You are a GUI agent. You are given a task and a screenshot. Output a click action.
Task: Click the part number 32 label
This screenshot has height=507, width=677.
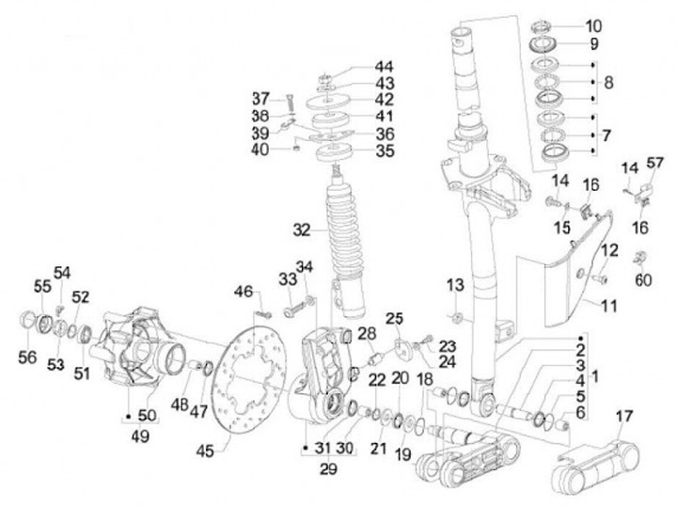point(302,230)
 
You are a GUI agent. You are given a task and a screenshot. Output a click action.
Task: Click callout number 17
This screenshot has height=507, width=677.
point(624,417)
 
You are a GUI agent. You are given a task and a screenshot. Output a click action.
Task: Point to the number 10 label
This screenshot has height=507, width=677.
point(593,26)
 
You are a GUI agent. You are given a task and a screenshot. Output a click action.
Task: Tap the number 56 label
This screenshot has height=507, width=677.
point(27,356)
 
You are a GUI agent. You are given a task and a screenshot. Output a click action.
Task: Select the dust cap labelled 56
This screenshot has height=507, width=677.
point(28,321)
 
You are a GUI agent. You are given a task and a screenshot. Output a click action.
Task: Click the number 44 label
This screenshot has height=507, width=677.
point(384,67)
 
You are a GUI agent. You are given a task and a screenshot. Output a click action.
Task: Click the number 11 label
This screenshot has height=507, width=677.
point(608,306)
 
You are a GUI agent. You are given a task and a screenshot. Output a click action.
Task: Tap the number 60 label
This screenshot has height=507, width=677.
point(643,280)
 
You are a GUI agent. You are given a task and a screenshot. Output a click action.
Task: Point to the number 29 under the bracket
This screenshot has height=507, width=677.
point(328,468)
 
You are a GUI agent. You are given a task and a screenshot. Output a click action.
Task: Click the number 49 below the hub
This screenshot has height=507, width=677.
point(140,436)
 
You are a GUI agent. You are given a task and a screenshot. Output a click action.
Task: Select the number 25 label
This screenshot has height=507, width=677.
point(394,319)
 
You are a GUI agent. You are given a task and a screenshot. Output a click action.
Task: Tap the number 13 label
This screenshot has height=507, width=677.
point(455,285)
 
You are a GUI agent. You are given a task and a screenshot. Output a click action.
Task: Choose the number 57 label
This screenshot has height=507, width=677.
point(655,163)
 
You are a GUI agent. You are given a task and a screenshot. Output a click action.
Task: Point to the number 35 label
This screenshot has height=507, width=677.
point(385,151)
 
